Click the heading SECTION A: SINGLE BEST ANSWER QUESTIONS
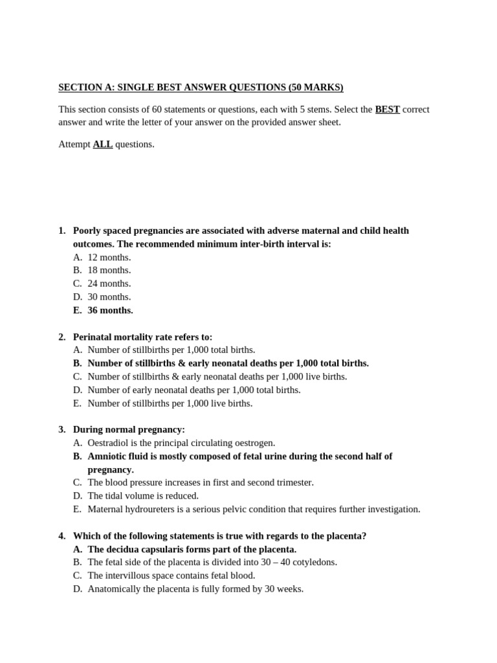201,87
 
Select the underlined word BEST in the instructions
387,109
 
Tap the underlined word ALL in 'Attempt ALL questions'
102,144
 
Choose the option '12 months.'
109,257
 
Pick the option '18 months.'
109,270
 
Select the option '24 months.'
109,284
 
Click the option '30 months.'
109,297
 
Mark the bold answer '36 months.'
110,310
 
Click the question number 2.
61,337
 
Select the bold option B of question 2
228,363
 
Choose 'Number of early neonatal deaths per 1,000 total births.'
194,390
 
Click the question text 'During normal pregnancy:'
129,429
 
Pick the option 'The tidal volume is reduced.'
143,496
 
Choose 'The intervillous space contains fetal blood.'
171,576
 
